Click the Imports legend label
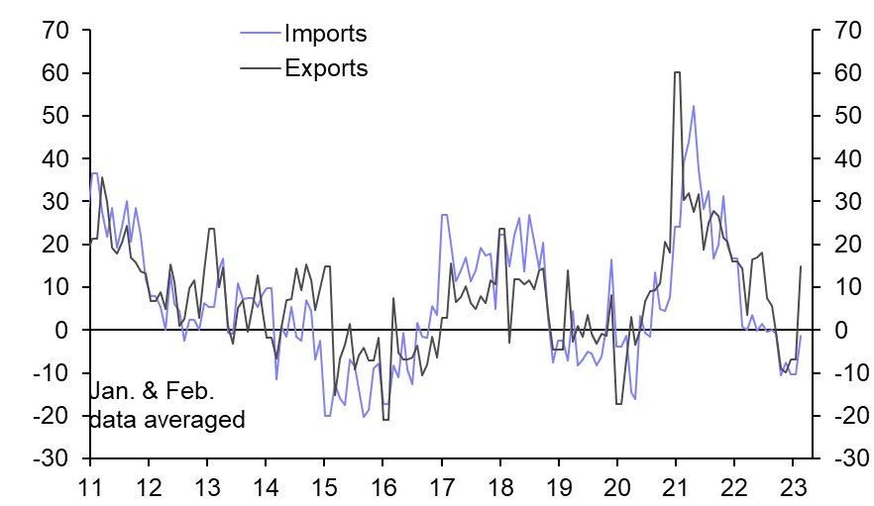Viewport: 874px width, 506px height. pyautogui.click(x=325, y=34)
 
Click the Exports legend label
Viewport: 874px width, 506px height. pyautogui.click(x=326, y=68)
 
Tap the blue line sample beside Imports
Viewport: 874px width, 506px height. pyautogui.click(x=260, y=35)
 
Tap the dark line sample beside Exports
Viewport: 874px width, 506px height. pyautogui.click(x=260, y=69)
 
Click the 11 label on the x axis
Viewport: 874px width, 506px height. pyautogui.click(x=90, y=487)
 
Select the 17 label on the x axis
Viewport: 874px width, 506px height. pyautogui.click(x=441, y=487)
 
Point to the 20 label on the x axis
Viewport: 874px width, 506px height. pyautogui.click(x=616, y=487)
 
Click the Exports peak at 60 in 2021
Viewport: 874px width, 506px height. pyautogui.click(x=677, y=72)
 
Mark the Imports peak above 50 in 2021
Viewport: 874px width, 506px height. pyautogui.click(x=694, y=106)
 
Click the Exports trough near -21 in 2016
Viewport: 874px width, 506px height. pyautogui.click(x=384, y=419)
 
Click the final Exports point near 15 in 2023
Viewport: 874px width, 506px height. pyautogui.click(x=801, y=266)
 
